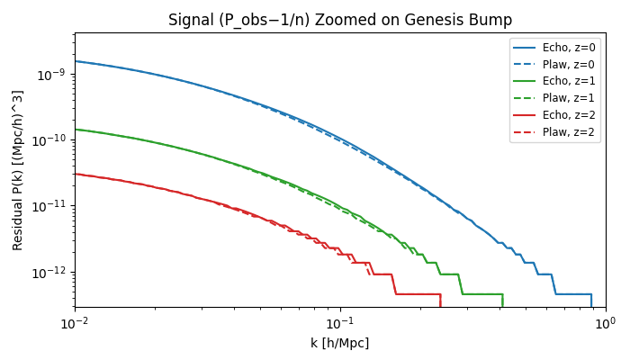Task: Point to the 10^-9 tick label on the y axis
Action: tap(53, 75)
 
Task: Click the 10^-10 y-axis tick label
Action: tap(51, 140)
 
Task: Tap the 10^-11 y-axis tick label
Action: tap(51, 206)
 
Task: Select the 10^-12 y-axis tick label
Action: tap(51, 273)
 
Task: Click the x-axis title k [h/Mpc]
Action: tap(339, 343)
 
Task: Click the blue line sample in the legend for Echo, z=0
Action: tap(526, 48)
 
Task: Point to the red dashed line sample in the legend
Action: tap(526, 132)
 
